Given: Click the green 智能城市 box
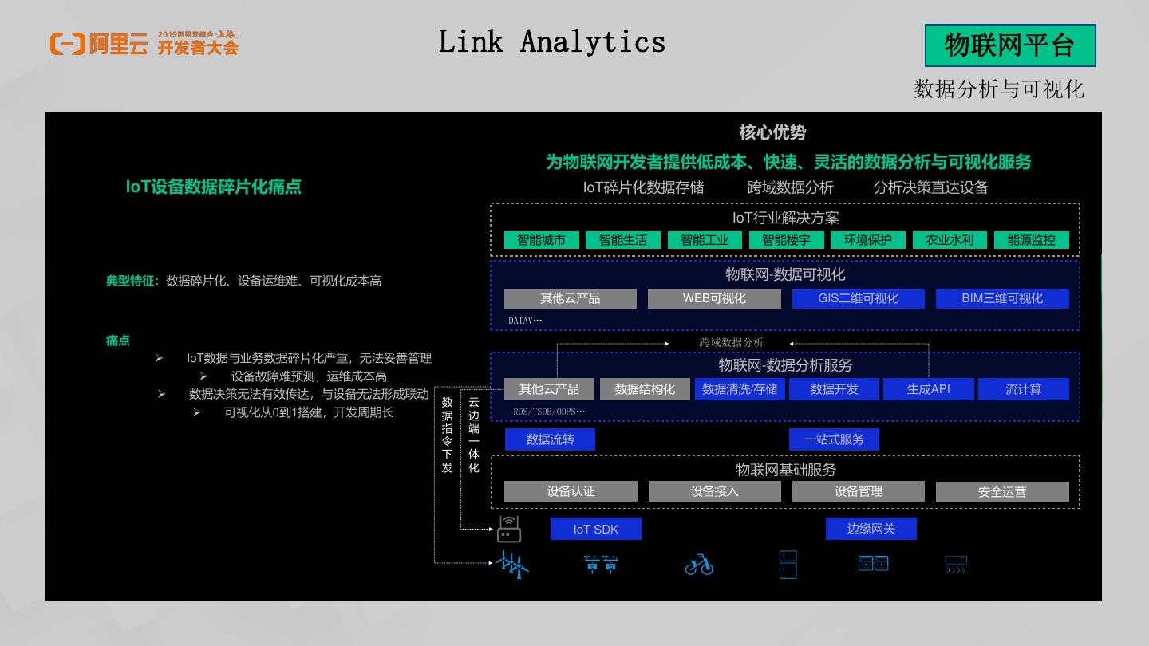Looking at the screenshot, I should [x=541, y=240].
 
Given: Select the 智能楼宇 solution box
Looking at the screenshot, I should [x=786, y=240].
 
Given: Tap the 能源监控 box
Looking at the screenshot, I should [x=1031, y=240].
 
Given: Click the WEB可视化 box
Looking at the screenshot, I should [x=714, y=298].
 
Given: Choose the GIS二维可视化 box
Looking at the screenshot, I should [x=858, y=298].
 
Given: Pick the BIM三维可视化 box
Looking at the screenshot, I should [x=1002, y=298].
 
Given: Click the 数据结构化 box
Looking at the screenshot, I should [x=645, y=389].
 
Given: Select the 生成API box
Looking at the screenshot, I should [x=928, y=389].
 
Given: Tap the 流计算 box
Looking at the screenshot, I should [x=1023, y=389].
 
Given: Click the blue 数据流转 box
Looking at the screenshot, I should [x=550, y=439].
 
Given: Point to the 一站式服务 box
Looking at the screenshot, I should [x=834, y=439].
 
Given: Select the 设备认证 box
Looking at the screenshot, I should [x=571, y=491].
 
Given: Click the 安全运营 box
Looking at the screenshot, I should [x=1002, y=492].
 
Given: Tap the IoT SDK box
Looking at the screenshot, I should [x=595, y=529].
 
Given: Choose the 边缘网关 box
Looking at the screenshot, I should [x=871, y=529].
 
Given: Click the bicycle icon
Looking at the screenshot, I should [x=699, y=565].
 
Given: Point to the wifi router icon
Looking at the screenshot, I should [x=509, y=529].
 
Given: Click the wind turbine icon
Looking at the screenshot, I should [x=511, y=564].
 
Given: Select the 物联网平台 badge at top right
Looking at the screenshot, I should [x=1009, y=45].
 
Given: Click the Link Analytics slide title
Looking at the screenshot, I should [x=552, y=41].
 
